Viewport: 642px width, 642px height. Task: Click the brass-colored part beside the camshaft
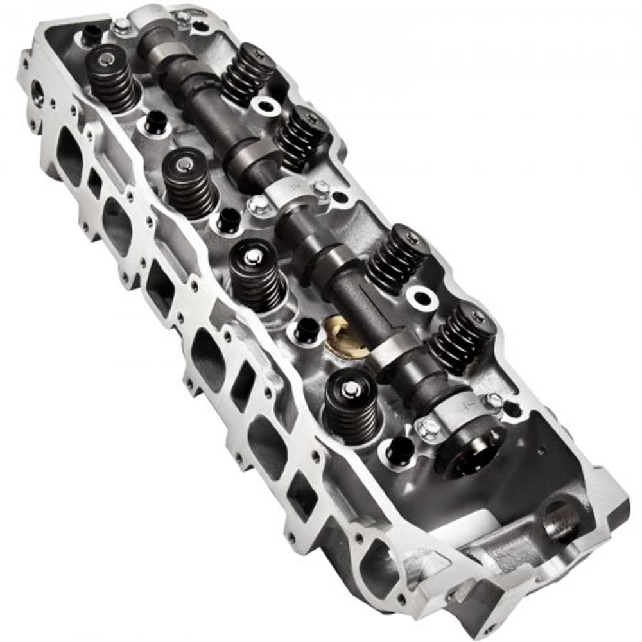pos(347,336)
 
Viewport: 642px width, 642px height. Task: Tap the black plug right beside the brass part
pos(307,330)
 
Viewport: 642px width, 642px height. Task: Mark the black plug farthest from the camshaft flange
pos(91,33)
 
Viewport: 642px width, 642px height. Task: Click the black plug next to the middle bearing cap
pos(229,220)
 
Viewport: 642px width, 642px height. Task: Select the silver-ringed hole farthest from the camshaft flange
pos(263,105)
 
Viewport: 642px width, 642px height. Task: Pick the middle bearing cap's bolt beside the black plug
pos(259,205)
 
